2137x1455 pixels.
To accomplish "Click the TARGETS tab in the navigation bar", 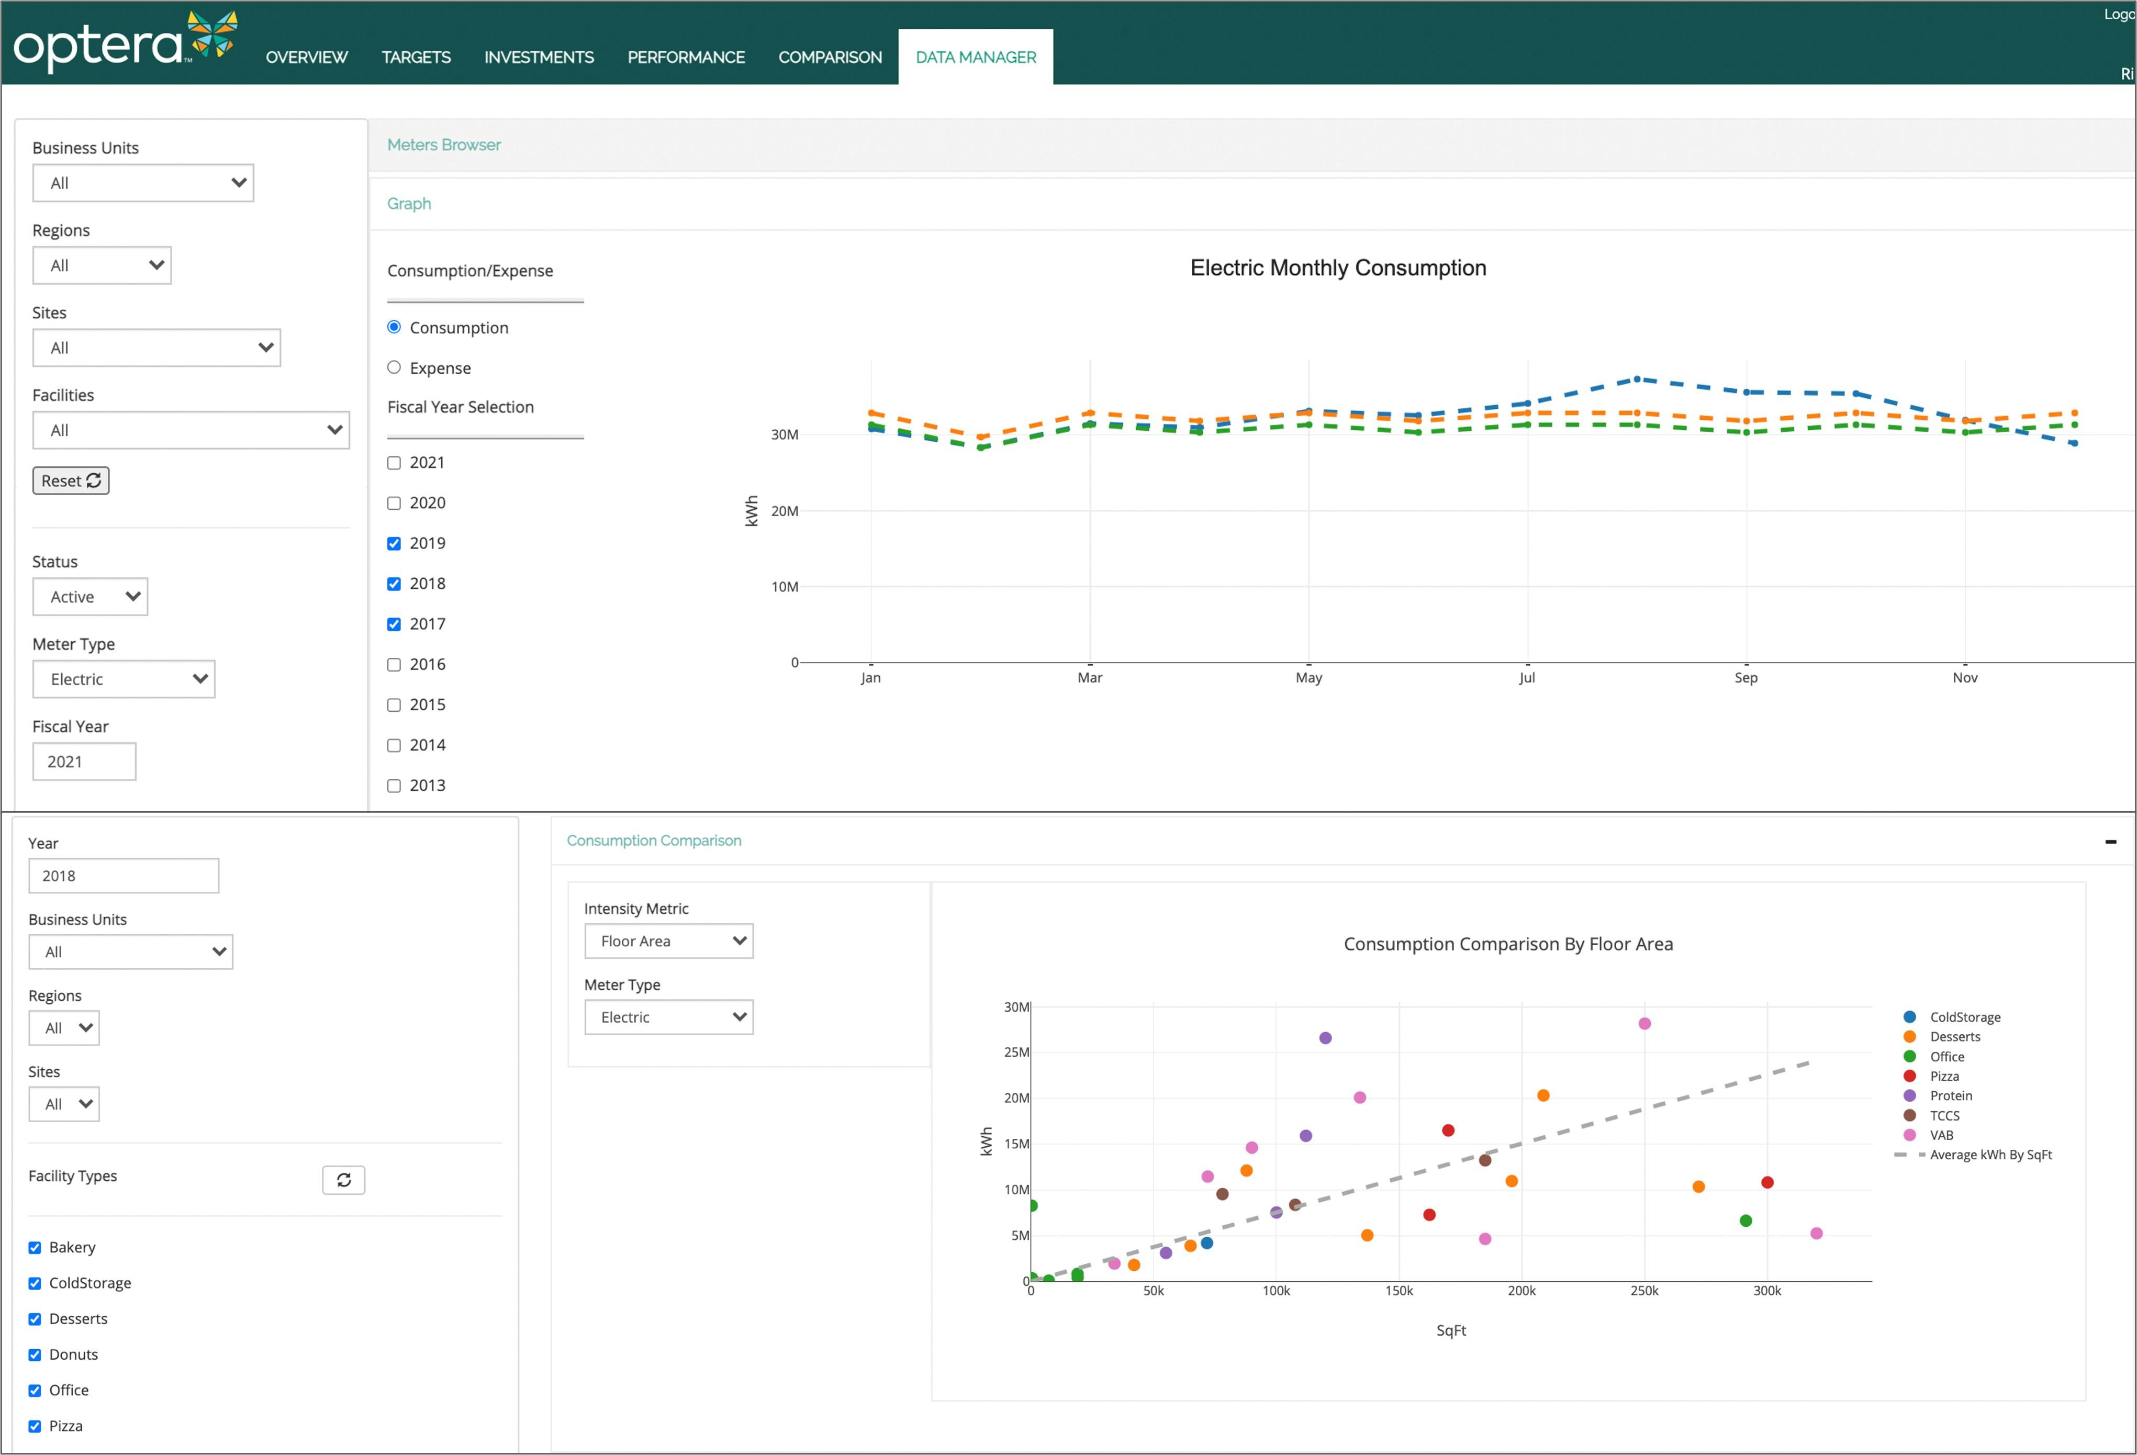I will (x=416, y=57).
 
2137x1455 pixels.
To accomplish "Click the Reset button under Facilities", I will (x=71, y=481).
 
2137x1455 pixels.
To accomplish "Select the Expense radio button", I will (x=394, y=368).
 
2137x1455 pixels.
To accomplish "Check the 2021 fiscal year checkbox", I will (x=394, y=463).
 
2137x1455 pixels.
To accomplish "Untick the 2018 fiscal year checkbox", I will (x=394, y=584).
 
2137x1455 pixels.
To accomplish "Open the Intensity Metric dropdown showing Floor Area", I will (x=668, y=941).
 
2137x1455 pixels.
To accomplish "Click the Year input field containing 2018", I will (x=123, y=876).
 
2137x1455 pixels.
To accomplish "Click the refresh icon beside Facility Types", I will (x=343, y=1180).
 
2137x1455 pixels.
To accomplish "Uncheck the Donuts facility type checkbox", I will (x=35, y=1355).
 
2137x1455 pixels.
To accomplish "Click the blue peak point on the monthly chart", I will (x=1637, y=379).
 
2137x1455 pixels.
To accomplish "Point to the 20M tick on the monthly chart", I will (x=785, y=511).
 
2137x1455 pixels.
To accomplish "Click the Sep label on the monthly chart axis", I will (x=1746, y=678).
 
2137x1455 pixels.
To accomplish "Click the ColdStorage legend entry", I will (x=1964, y=1017).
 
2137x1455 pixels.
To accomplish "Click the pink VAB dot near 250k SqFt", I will (x=1644, y=1024).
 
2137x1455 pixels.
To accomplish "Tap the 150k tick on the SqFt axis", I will (x=1398, y=1291).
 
